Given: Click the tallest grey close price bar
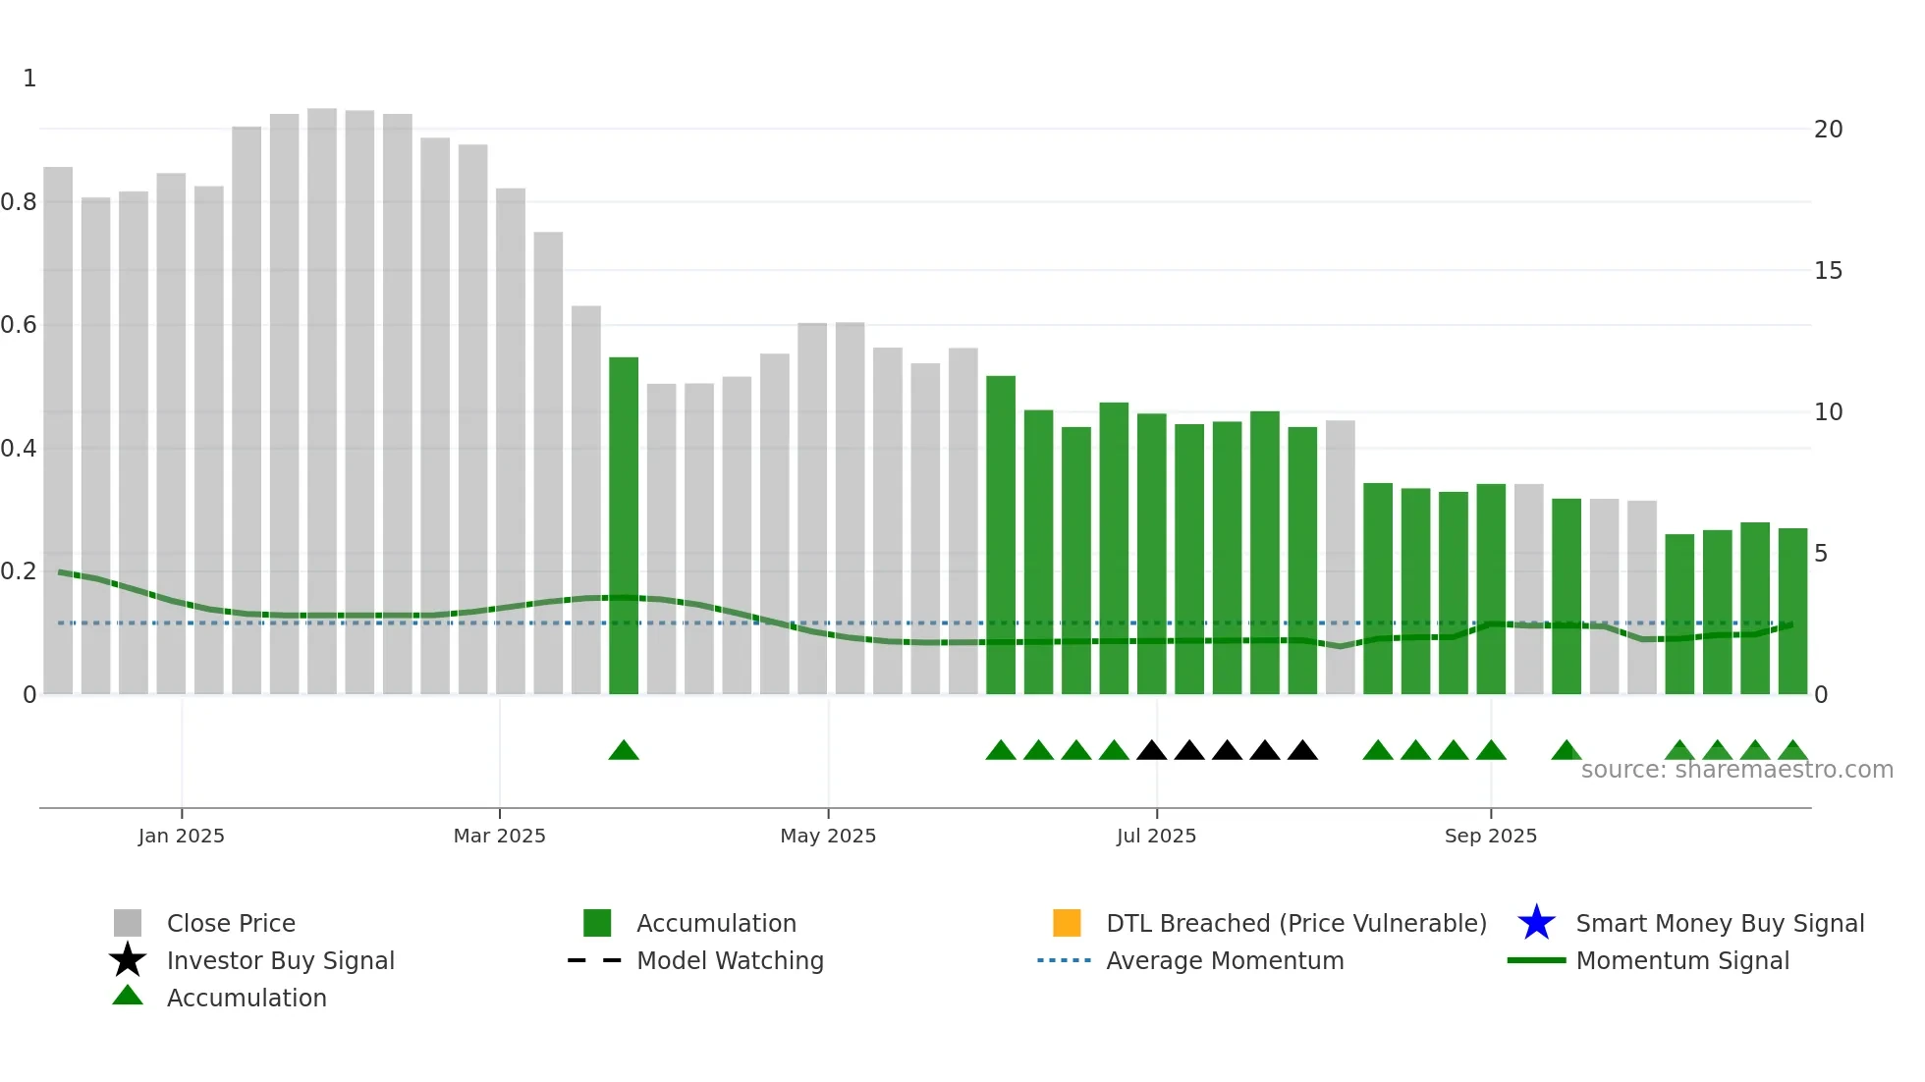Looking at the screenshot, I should coord(321,393).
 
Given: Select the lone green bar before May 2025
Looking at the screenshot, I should coord(624,525).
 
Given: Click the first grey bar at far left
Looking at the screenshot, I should coord(58,432).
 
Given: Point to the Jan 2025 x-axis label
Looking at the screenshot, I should coord(182,836).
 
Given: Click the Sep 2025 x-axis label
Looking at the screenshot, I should coord(1490,836).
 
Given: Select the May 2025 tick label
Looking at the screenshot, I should coord(828,836).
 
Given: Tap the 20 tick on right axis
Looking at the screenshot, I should coord(1828,130).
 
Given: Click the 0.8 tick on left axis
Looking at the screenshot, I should coord(19,202).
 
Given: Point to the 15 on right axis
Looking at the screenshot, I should coord(1828,271).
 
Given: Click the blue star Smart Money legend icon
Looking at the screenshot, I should coord(1536,923).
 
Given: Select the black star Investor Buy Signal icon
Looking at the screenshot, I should coord(128,960).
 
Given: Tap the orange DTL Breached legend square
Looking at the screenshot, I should coord(1067,923).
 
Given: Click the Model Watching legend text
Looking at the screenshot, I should coord(730,960).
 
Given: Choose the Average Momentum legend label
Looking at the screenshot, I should coord(1225,960).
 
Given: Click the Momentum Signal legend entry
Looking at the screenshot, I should coord(1681,960).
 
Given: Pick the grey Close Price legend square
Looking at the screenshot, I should coord(128,923).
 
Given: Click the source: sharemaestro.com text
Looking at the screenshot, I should coord(1736,770).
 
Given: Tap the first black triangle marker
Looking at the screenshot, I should coord(1151,751).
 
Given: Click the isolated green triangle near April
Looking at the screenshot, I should coord(624,751).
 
